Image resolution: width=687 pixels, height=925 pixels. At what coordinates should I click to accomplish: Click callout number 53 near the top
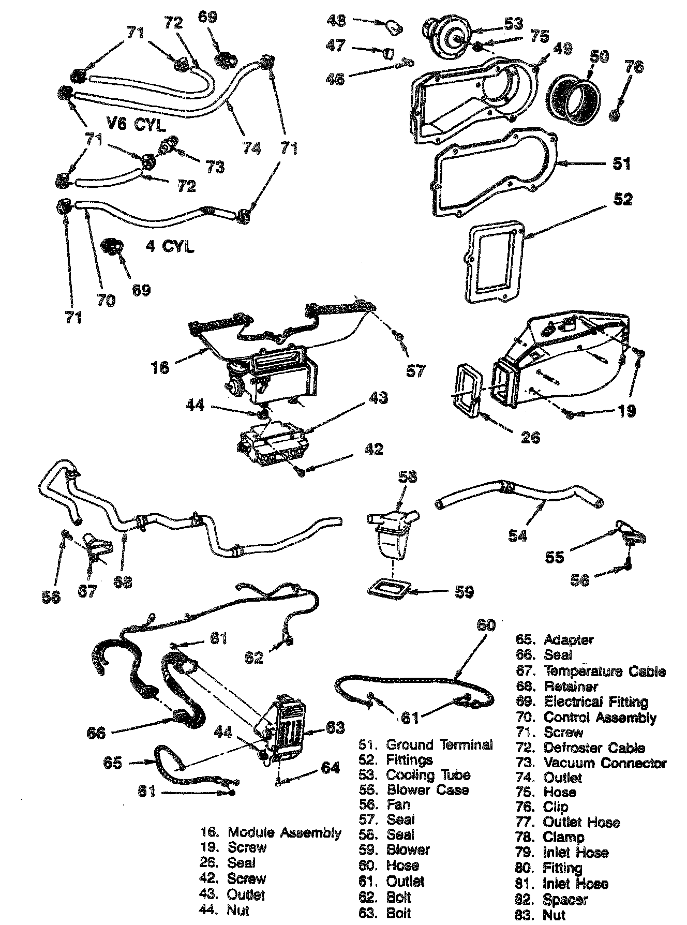tap(513, 24)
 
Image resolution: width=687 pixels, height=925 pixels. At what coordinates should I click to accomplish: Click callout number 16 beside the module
tap(161, 367)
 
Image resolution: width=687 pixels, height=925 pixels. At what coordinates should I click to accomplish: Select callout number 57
tap(416, 370)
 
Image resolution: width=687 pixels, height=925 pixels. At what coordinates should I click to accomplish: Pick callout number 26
tap(530, 437)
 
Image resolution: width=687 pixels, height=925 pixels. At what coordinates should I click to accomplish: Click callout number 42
tap(373, 448)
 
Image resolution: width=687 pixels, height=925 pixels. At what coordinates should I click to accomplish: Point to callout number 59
tap(464, 591)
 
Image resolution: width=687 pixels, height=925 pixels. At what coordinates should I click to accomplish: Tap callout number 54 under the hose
tap(517, 535)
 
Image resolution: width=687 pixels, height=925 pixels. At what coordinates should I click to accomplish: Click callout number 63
tap(334, 728)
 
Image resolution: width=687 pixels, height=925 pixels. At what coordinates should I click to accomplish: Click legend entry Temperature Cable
tap(604, 672)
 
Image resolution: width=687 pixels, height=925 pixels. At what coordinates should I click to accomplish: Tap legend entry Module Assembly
tap(284, 832)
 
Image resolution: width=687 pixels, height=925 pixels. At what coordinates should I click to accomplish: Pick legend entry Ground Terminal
tap(439, 745)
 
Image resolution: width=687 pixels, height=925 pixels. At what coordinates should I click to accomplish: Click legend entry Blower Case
tap(427, 790)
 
